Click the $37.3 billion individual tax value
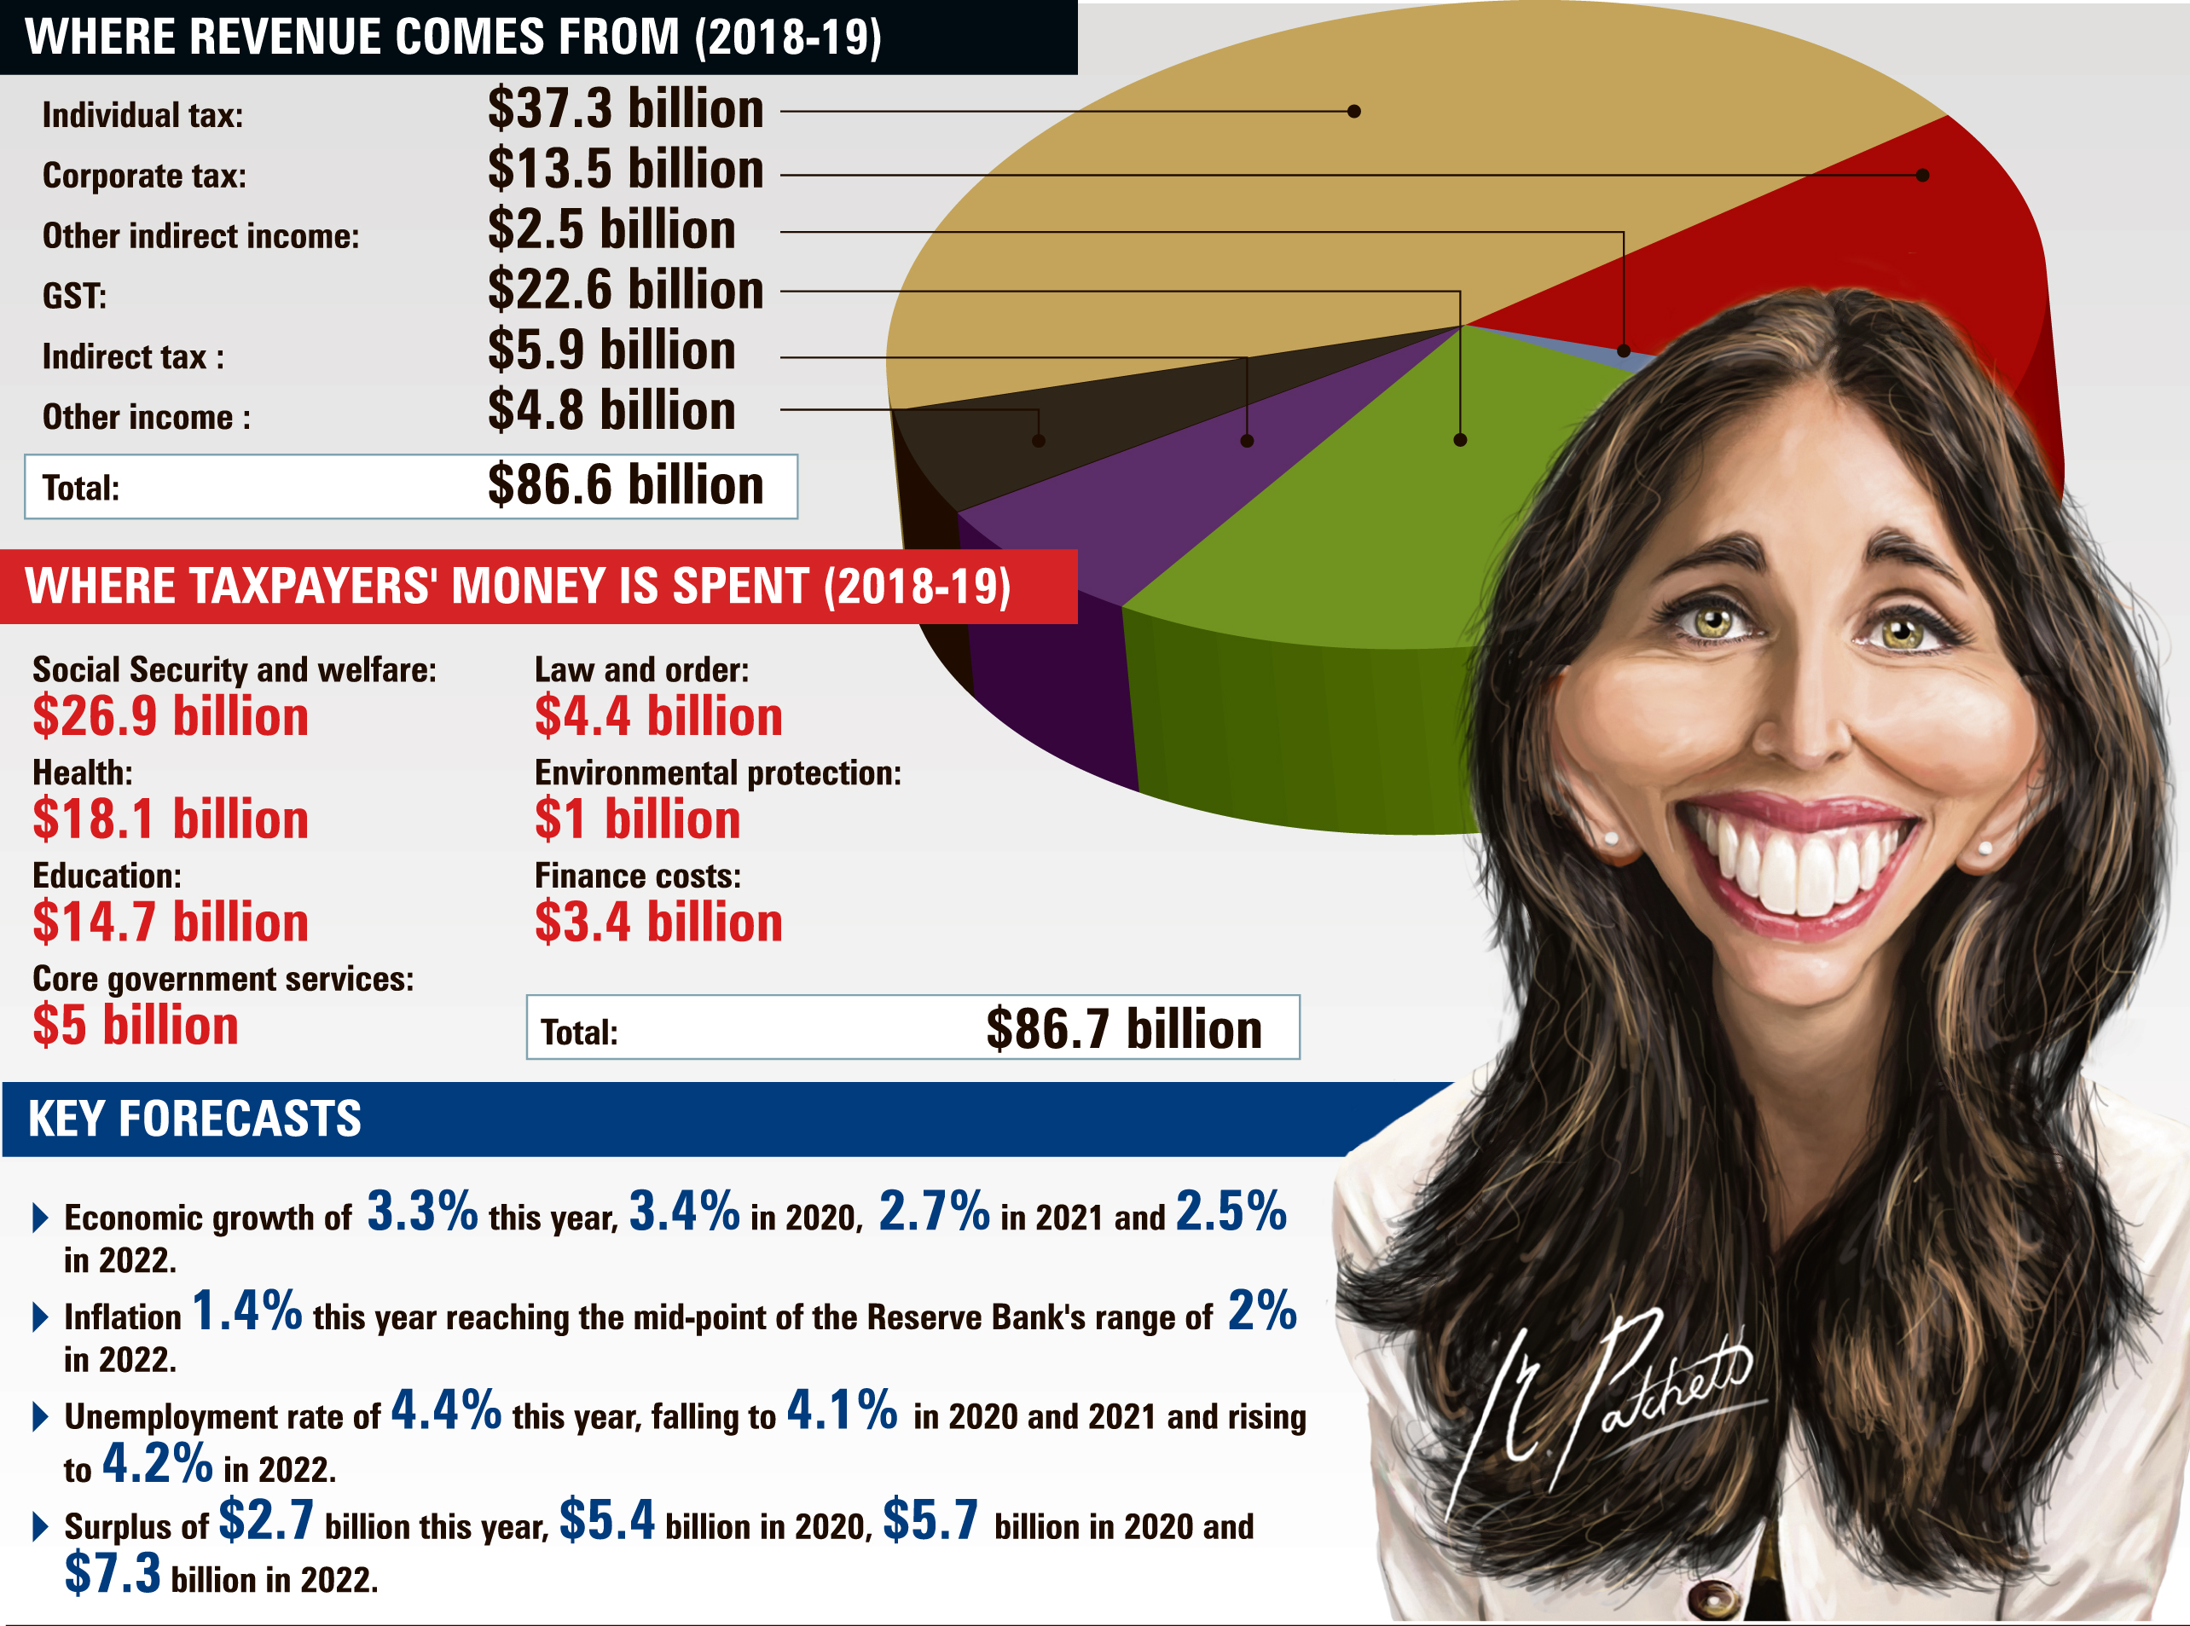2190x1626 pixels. [625, 108]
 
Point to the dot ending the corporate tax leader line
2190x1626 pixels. [1922, 175]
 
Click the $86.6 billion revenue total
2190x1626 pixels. [625, 485]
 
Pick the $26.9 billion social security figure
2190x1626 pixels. [171, 716]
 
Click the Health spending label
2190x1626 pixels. [82, 772]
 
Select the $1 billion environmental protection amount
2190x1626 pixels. [637, 820]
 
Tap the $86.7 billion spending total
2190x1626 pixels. [1123, 1029]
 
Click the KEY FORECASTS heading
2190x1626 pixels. [194, 1120]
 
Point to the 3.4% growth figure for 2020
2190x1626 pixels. [684, 1212]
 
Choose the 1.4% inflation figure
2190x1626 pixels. [247, 1311]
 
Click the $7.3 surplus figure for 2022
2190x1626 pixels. [113, 1573]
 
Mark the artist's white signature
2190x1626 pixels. [1614, 1397]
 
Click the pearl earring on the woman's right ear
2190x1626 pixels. [1611, 837]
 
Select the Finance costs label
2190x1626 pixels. [637, 876]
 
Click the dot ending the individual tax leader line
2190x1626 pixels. [1354, 111]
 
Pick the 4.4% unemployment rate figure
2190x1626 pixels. [446, 1410]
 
